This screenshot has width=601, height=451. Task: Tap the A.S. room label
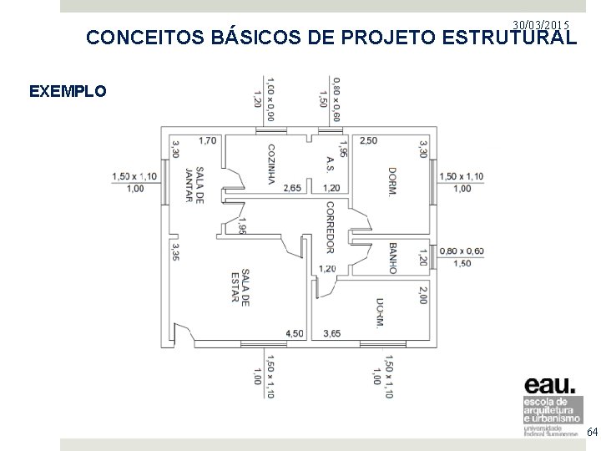coord(331,165)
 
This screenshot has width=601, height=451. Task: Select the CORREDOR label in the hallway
coord(330,226)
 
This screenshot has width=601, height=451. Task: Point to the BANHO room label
coord(391,257)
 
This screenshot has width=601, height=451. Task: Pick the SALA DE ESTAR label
coord(240,287)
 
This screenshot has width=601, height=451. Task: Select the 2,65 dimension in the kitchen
coord(292,188)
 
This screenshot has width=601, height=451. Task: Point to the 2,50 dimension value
coord(368,140)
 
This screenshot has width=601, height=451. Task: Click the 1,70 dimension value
coord(208,140)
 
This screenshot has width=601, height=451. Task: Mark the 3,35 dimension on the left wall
coord(174,251)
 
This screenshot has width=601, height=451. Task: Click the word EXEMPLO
coord(68,91)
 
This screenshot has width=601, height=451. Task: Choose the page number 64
coord(592,432)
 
